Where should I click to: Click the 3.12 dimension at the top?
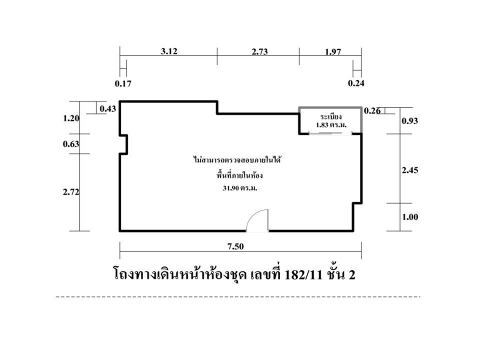[x=169, y=51]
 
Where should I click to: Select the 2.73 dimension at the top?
[x=259, y=51]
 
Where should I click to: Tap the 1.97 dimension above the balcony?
[x=333, y=51]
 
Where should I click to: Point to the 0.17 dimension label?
[x=123, y=83]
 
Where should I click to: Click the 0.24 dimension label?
[x=356, y=83]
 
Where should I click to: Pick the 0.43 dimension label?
[x=108, y=108]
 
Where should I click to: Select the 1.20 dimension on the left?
[x=71, y=118]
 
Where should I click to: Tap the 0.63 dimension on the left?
[x=71, y=144]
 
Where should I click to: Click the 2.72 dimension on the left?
[x=71, y=192]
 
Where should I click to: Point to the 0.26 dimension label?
[x=372, y=111]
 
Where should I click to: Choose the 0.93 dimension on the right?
[x=410, y=121]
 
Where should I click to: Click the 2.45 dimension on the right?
[x=410, y=170]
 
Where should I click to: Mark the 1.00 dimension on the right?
[x=410, y=217]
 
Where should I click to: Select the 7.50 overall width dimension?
[x=235, y=246]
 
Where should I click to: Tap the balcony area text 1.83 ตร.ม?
[x=331, y=125]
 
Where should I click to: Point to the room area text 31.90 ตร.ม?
[x=239, y=188]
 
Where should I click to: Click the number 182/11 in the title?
[x=303, y=275]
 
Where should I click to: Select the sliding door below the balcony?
[x=330, y=133]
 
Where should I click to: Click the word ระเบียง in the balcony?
[x=331, y=117]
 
